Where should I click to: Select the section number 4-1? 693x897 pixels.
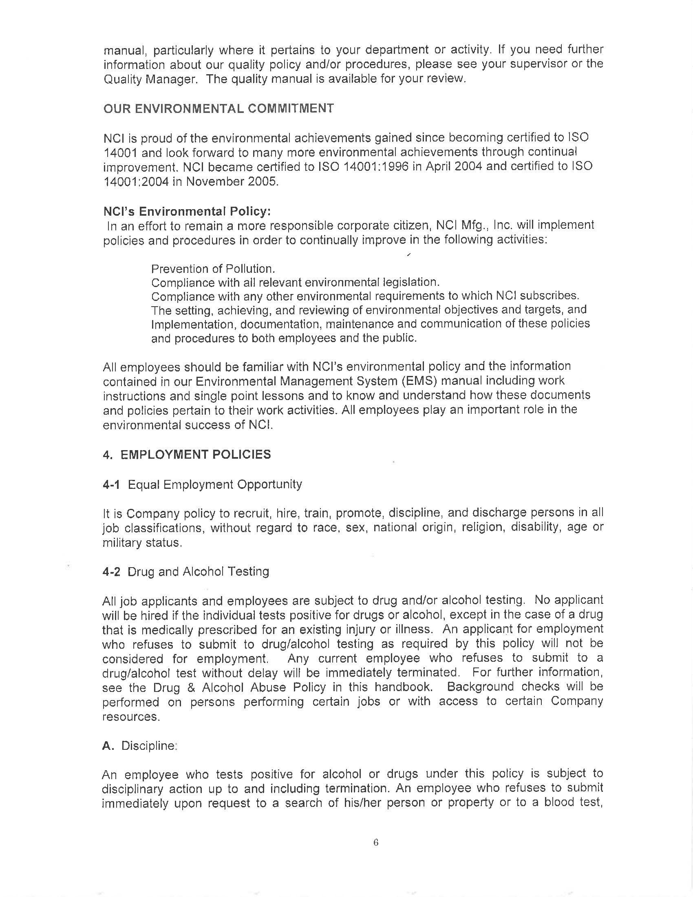coord(111,485)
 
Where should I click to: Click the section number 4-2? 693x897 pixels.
coord(111,572)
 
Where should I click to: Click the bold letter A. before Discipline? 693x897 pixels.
coord(108,746)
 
